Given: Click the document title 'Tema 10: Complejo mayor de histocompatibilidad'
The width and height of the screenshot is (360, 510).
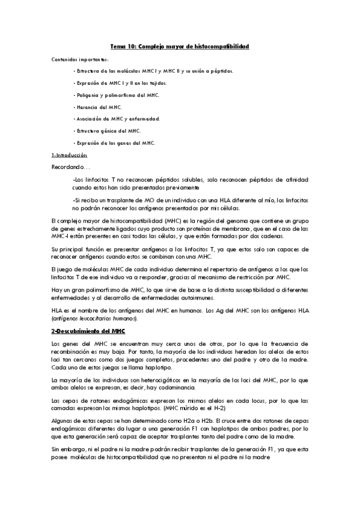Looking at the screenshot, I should pos(180,46).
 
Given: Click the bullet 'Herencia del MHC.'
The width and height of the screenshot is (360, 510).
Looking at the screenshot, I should pos(97,106).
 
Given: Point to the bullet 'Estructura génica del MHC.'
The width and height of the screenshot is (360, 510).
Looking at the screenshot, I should pos(108,131).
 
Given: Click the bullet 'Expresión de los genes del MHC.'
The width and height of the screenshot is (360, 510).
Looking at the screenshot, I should pos(114,143).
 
